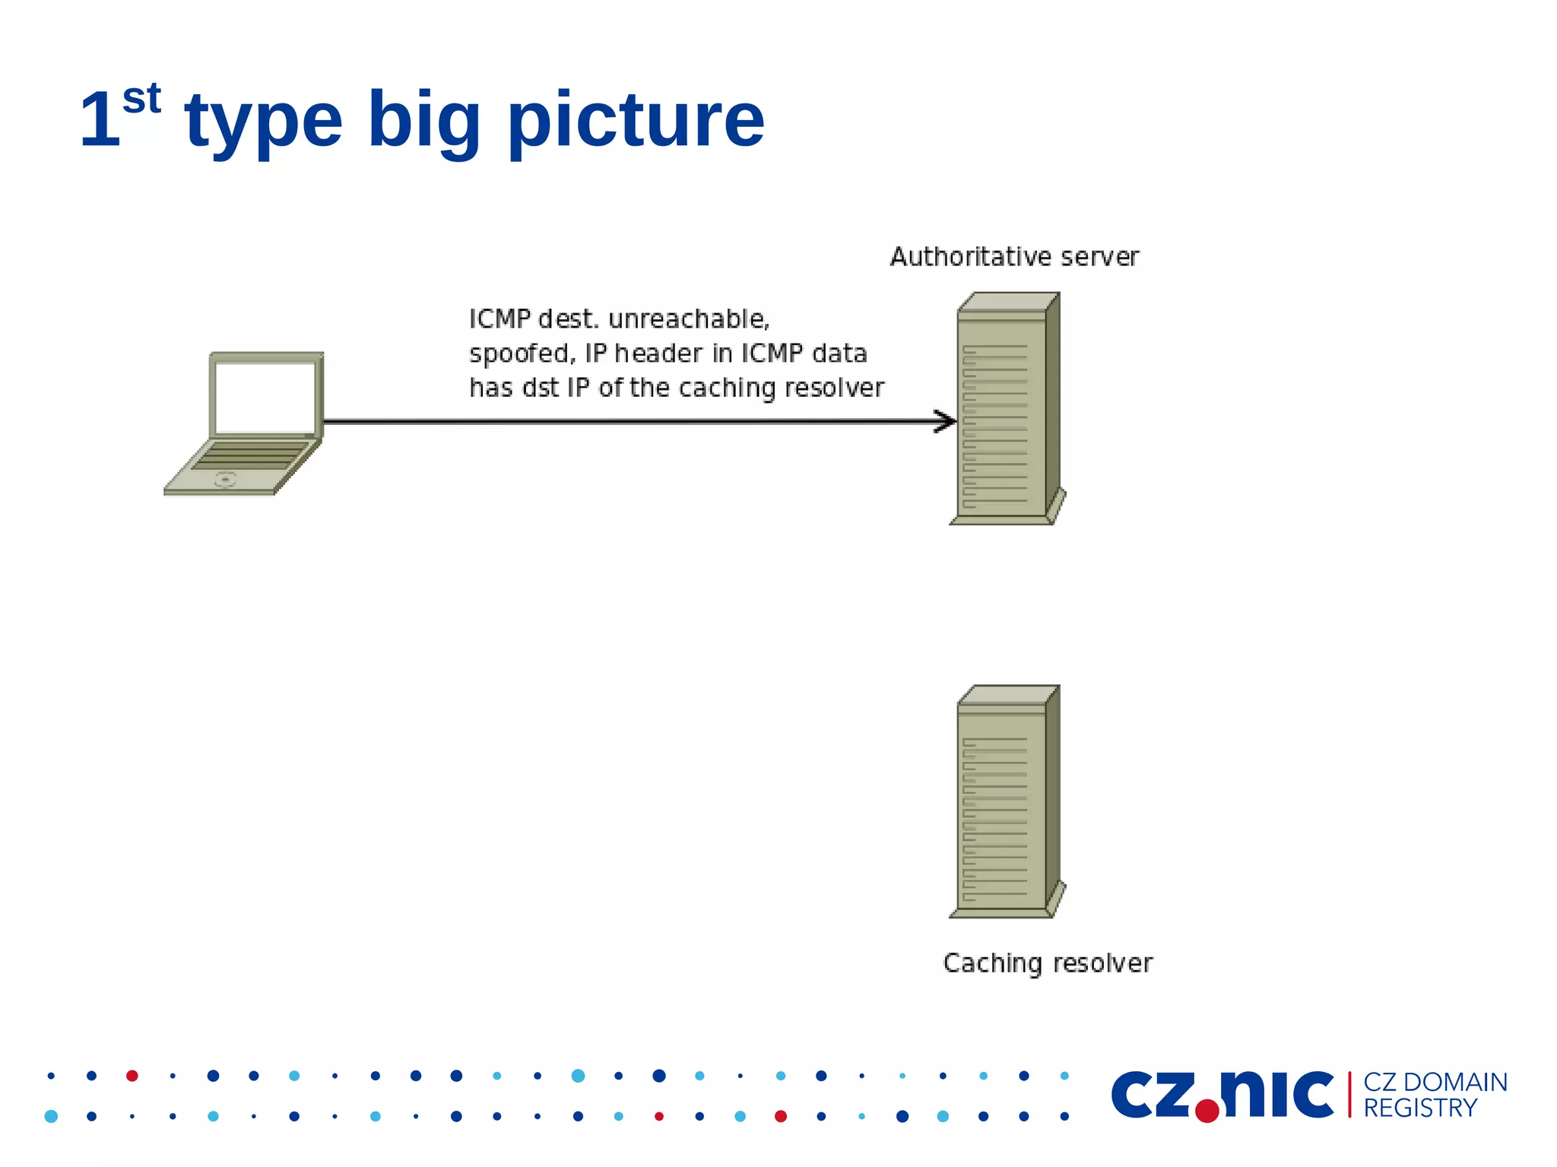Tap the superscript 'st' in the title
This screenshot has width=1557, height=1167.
[141, 99]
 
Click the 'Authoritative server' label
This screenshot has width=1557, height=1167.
[1014, 257]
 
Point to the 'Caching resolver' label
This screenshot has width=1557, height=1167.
[1048, 963]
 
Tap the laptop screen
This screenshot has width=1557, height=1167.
[265, 397]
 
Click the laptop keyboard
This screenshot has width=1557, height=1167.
[251, 455]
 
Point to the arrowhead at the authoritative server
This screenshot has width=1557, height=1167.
[947, 421]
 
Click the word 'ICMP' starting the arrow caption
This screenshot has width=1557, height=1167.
[499, 319]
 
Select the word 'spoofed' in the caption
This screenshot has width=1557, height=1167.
[521, 354]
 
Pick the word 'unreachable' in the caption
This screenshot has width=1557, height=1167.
[688, 319]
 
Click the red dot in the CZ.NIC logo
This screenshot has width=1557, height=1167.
[1207, 1111]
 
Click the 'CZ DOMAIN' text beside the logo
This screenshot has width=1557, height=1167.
[1435, 1082]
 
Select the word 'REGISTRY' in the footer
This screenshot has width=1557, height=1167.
[1420, 1108]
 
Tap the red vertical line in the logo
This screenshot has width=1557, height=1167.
[1349, 1095]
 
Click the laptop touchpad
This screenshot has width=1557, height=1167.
[225, 479]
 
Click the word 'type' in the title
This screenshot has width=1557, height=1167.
[263, 122]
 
